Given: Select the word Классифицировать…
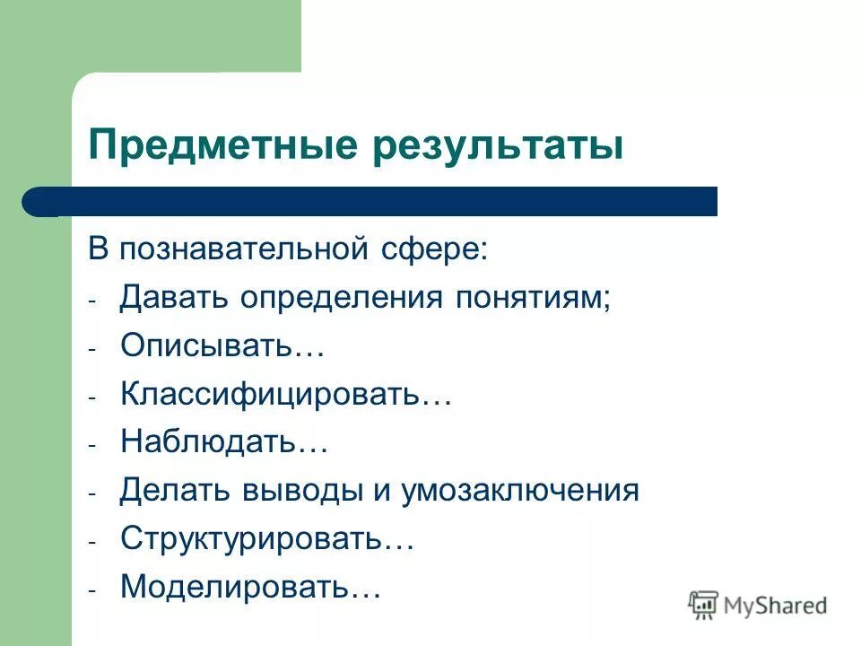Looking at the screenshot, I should [285, 395].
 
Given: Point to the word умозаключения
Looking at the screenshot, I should [519, 492].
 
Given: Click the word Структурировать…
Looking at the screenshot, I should [267, 540].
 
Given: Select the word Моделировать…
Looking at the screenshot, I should [251, 588].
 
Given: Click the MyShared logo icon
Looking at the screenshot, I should [703, 606].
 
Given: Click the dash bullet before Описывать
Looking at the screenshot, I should [92, 350].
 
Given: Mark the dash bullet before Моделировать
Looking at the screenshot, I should [92, 591].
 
